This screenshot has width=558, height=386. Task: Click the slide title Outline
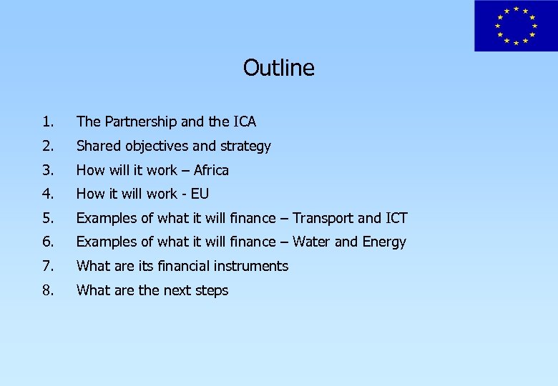278,68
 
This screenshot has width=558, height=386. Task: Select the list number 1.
46,122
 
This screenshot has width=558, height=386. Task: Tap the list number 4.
46,194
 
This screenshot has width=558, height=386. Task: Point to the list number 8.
46,290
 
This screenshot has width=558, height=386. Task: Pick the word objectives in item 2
156,146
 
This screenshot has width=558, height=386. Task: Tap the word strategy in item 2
245,146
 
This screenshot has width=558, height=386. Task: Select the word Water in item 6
312,242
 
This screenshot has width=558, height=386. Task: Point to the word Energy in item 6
383,242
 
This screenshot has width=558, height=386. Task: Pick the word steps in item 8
210,290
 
